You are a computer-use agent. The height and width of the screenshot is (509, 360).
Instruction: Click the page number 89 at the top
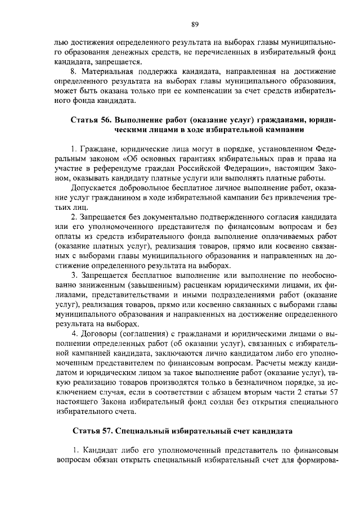pyautogui.click(x=195, y=24)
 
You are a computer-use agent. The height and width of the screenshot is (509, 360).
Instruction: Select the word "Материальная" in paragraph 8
pyautogui.click(x=106, y=72)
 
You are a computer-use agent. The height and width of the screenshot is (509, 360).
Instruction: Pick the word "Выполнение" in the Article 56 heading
pyautogui.click(x=139, y=120)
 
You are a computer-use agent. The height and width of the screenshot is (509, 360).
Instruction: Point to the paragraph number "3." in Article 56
pyautogui.click(x=74, y=275)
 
